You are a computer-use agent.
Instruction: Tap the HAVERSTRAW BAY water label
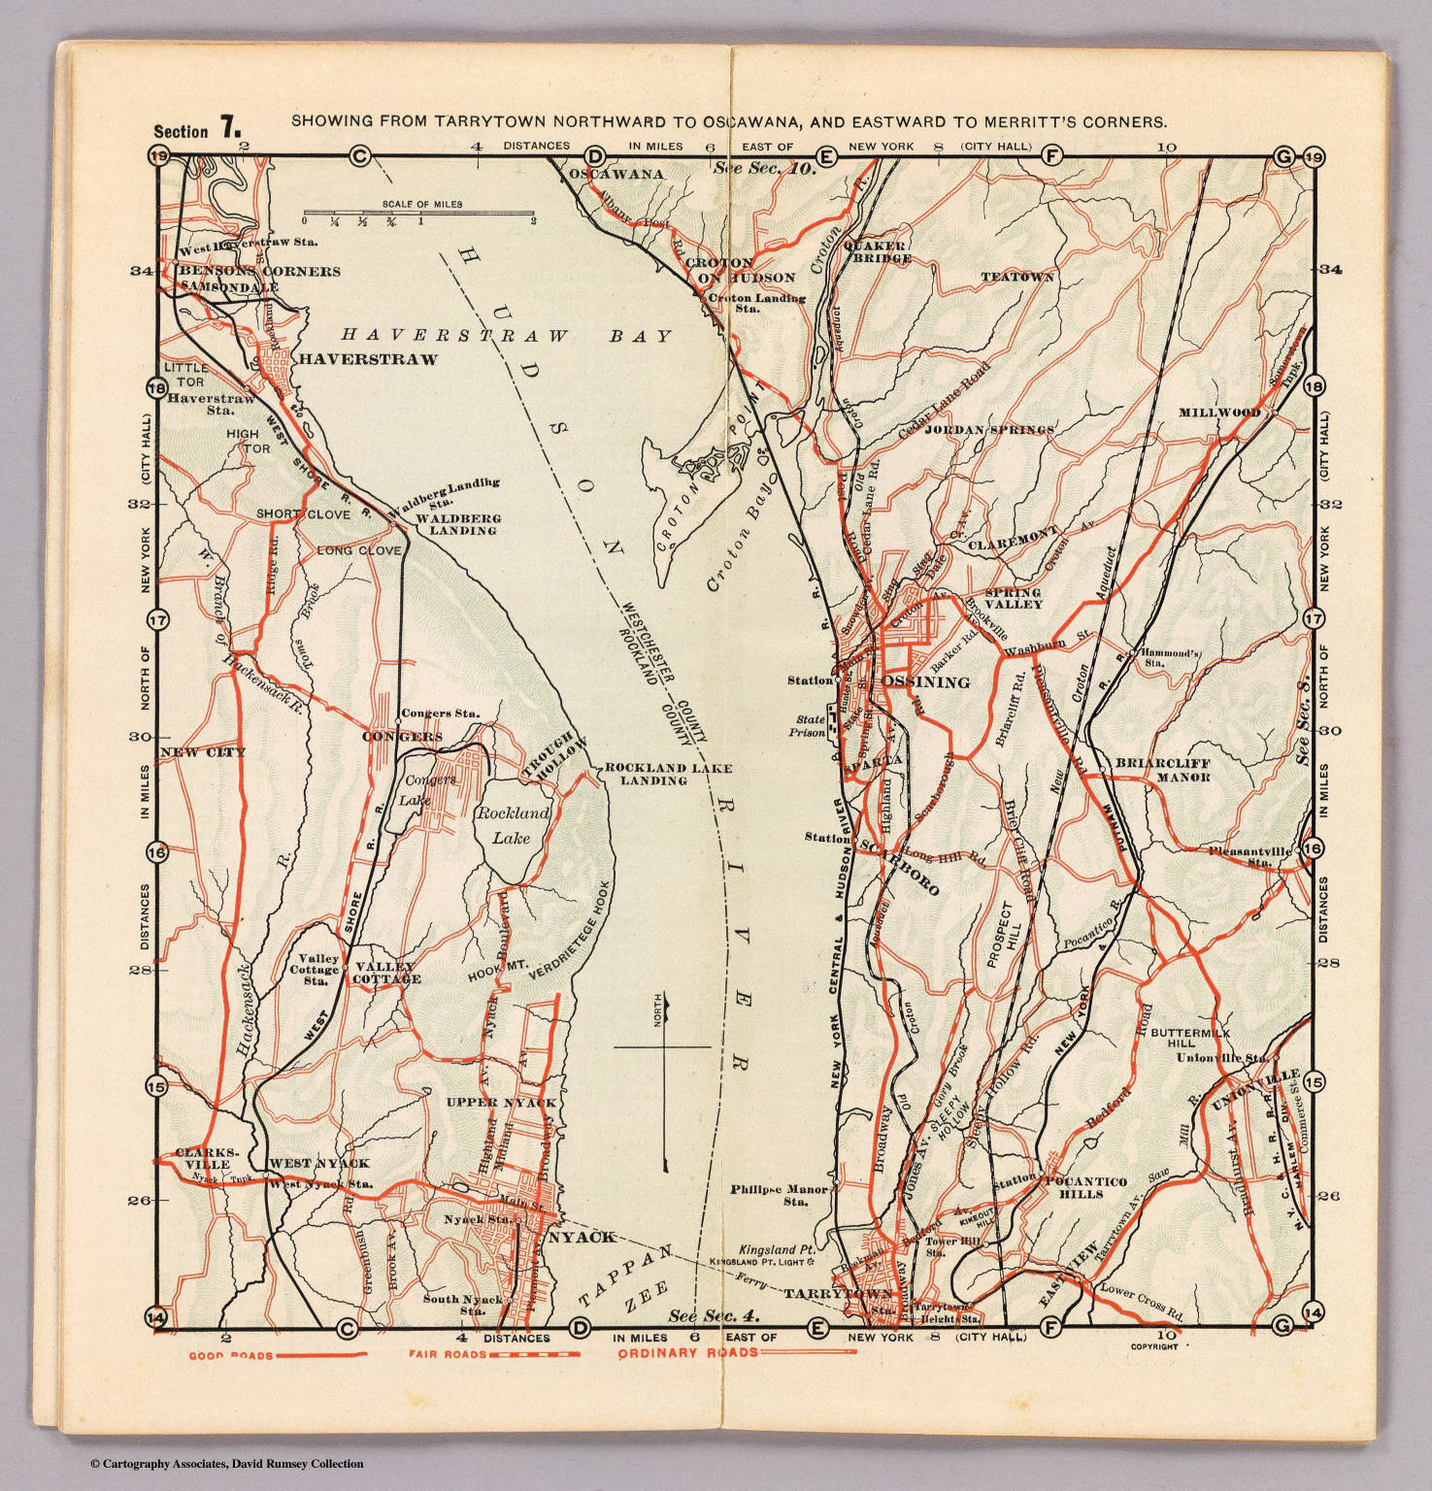pos(505,336)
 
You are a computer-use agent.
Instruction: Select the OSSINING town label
pos(926,682)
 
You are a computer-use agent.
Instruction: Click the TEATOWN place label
pos(1016,278)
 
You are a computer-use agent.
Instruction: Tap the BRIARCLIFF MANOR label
pos(1162,770)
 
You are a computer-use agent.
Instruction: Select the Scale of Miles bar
pos(418,213)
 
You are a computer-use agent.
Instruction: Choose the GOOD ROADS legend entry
pos(277,1355)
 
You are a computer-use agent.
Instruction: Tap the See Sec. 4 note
pos(713,1316)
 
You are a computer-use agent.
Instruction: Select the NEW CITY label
pos(203,752)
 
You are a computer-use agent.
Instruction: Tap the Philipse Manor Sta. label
pos(780,1195)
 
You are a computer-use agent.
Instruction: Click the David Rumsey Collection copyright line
pos(226,1464)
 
